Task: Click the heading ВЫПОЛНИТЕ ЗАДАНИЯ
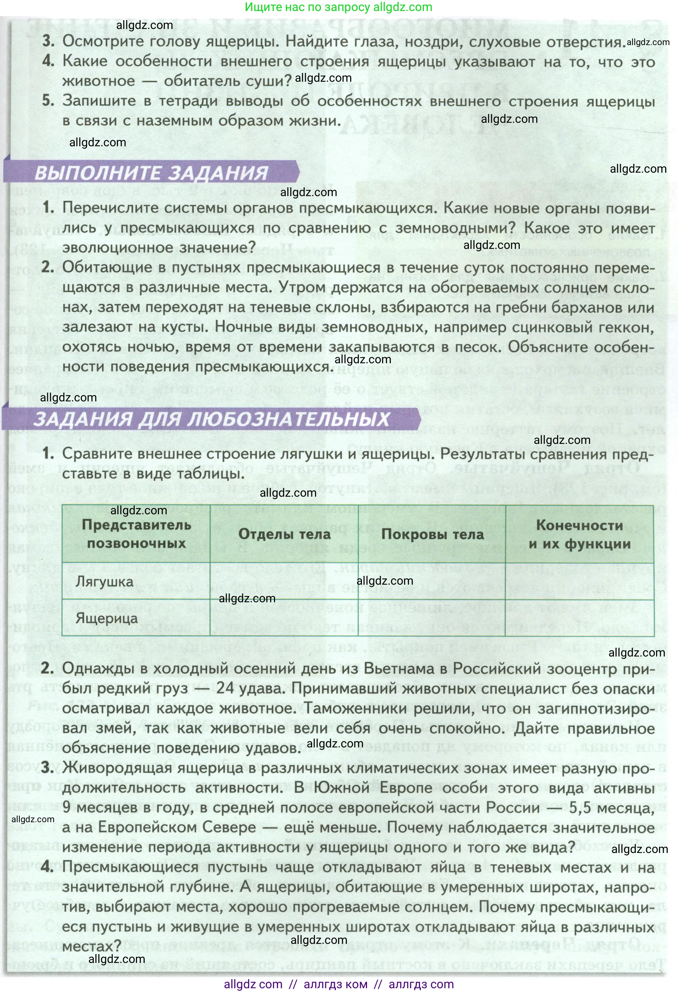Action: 151,173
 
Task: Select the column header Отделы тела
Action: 284,534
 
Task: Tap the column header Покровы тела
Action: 432,534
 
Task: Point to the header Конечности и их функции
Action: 579,534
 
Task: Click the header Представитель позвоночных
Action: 136,534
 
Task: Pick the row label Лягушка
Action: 105,581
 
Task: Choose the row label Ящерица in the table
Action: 107,618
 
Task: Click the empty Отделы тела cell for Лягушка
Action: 284,581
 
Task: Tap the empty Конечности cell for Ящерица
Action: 579,618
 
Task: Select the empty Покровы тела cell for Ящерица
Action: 432,618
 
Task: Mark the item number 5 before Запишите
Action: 48,101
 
